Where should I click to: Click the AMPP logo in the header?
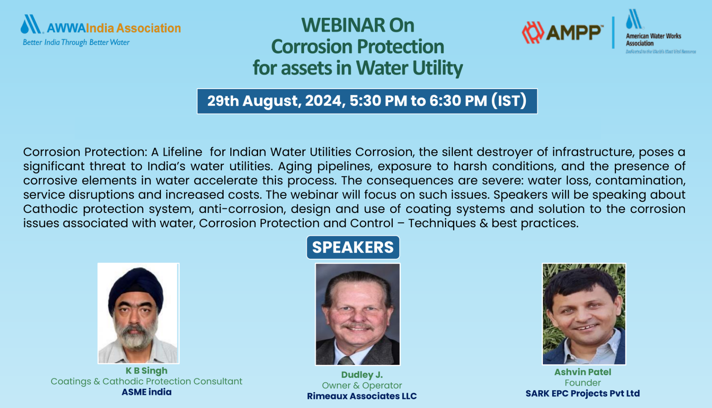(561, 33)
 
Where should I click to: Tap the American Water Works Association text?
(653, 39)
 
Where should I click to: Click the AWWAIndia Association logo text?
(113, 28)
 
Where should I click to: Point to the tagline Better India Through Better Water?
(76, 42)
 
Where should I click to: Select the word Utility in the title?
(438, 68)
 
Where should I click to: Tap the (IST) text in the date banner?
(509, 101)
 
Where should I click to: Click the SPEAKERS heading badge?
(353, 247)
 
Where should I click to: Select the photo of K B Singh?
(138, 313)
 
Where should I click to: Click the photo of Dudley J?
(357, 314)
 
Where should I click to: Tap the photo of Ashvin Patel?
(584, 314)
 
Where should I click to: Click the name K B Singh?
(146, 371)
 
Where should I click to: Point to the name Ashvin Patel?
(583, 372)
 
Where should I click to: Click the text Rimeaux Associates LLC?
(362, 396)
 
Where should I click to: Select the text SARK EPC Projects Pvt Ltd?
(583, 394)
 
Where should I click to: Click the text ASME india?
(146, 392)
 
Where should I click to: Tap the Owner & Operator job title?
(362, 385)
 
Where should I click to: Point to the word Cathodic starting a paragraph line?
(50, 209)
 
